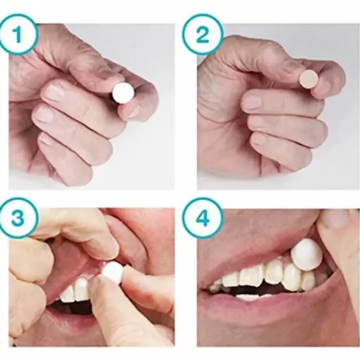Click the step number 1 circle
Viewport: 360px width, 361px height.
[18, 35]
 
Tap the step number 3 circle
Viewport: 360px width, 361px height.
[18, 218]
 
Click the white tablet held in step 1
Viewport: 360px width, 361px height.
[123, 93]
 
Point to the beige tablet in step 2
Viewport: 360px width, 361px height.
[308, 79]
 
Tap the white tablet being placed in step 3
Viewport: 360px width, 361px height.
[112, 273]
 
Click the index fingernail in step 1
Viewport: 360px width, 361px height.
[54, 92]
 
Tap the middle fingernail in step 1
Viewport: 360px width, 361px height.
[44, 114]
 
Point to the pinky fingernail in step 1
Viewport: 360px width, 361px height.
[46, 139]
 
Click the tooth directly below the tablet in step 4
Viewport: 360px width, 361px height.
[308, 281]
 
